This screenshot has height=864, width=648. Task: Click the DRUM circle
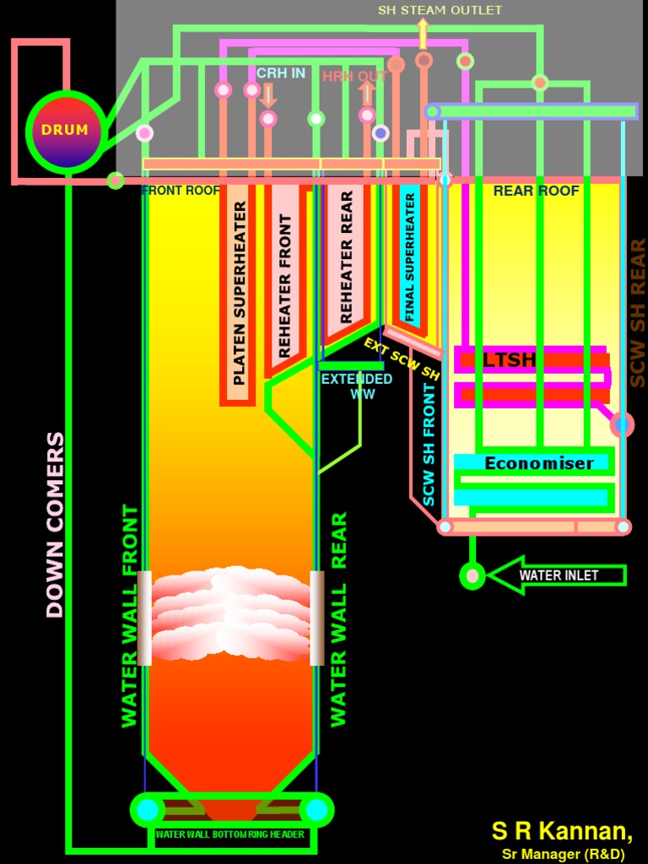click(x=65, y=131)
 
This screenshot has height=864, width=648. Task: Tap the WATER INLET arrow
click(x=557, y=575)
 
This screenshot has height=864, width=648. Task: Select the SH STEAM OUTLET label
click(x=440, y=10)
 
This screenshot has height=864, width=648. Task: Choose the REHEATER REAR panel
click(x=346, y=257)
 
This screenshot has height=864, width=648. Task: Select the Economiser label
click(x=538, y=463)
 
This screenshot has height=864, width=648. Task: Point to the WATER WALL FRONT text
click(x=129, y=616)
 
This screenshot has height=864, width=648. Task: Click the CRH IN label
click(x=280, y=73)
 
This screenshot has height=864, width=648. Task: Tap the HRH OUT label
click(x=354, y=77)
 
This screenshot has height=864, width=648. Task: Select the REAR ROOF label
click(x=536, y=191)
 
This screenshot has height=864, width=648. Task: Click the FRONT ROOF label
click(x=181, y=191)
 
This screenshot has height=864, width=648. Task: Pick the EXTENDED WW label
click(x=357, y=386)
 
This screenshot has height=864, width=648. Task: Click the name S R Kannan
click(x=562, y=830)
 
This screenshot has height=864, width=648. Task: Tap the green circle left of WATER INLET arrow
click(x=472, y=576)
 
